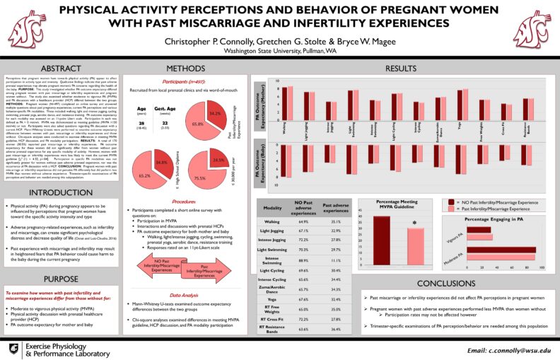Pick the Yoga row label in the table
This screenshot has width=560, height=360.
coord(272,298)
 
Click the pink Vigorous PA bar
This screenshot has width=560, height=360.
coord(489,240)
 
